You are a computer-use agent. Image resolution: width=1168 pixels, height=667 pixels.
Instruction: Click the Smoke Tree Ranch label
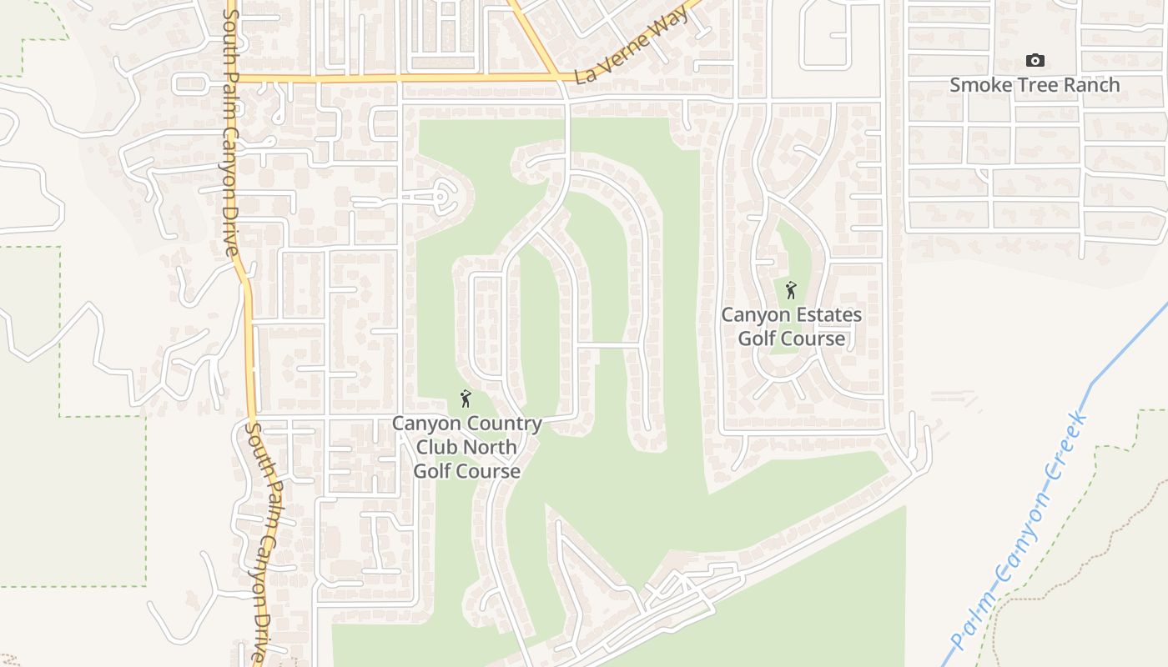tap(1035, 85)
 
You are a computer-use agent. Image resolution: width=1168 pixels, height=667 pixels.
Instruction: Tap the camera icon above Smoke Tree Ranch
tap(1035, 61)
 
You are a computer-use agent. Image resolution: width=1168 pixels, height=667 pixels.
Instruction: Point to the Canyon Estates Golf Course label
tap(791, 327)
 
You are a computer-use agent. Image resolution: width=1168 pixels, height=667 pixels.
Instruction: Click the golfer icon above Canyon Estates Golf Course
tap(791, 291)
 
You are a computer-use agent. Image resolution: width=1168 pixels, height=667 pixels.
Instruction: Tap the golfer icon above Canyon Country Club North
tap(466, 399)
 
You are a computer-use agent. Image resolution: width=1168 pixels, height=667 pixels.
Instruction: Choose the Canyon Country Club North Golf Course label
tap(467, 447)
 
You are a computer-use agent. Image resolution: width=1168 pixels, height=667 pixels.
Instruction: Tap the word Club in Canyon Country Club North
tap(437, 447)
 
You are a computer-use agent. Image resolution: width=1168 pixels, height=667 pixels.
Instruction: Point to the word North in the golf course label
tap(491, 447)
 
